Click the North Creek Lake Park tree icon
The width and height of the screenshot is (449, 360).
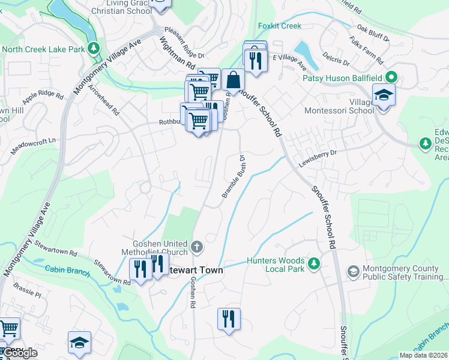point(93,47)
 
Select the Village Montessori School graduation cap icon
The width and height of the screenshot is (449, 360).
point(382,95)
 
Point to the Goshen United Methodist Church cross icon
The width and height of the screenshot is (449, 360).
point(196,247)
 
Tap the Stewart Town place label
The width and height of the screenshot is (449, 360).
point(196,271)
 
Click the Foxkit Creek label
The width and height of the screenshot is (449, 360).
point(279,26)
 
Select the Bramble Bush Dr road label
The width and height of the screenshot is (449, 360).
point(234,178)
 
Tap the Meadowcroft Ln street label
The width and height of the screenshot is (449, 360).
point(37,141)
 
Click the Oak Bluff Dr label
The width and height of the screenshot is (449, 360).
point(373,32)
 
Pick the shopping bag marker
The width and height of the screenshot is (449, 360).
point(233,80)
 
